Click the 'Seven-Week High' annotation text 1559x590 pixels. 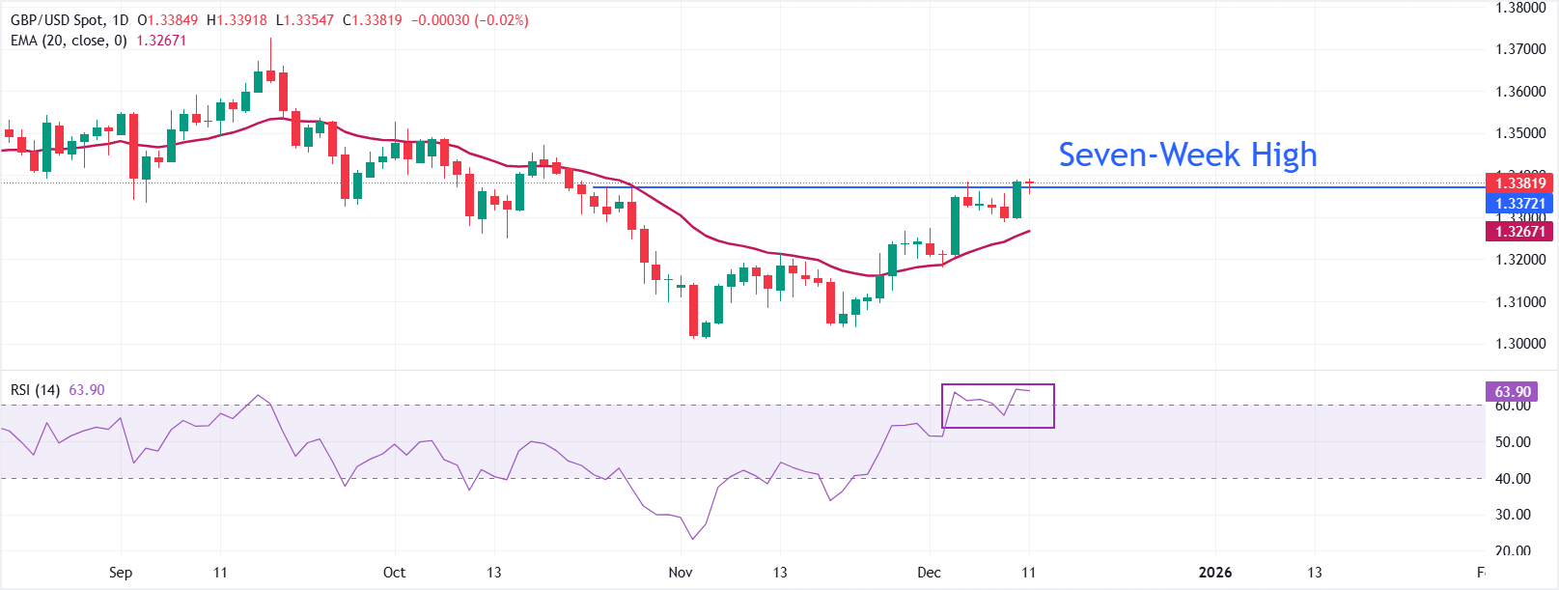click(1187, 155)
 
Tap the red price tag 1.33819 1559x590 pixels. click(1519, 183)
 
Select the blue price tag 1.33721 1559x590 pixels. click(1519, 203)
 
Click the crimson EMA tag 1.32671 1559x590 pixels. click(1519, 231)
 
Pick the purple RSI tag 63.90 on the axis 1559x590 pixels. click(1513, 391)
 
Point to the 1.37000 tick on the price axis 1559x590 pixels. click(1519, 49)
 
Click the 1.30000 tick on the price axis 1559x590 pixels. click(1519, 344)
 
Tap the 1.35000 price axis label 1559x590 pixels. click(1519, 133)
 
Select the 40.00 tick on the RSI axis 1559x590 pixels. click(1513, 478)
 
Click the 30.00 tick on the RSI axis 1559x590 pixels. click(1513, 515)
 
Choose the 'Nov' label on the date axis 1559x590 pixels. click(681, 573)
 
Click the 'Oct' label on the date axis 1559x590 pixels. click(394, 573)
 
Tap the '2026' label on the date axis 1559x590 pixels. click(1214, 573)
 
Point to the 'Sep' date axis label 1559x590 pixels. click(121, 573)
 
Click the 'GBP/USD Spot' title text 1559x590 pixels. click(55, 20)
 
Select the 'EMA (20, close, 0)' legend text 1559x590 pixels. click(69, 41)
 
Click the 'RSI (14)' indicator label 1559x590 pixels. click(35, 390)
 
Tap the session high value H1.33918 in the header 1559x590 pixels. click(237, 20)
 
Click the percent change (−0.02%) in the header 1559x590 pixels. click(501, 20)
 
